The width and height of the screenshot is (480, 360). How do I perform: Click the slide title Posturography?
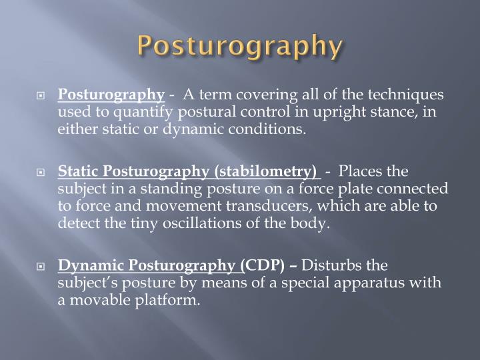240,47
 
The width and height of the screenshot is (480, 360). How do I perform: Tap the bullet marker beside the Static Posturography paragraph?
41,173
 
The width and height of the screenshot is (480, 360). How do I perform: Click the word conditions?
273,128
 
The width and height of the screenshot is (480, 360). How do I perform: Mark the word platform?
169,300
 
